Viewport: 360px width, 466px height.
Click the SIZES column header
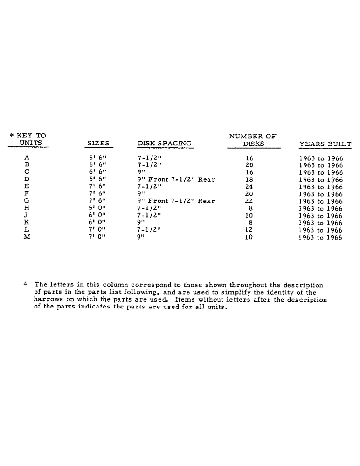[x=98, y=144]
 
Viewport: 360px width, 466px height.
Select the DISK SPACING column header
[x=164, y=144]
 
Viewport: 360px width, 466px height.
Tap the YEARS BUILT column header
[x=325, y=144]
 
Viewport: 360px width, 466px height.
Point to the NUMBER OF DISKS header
[x=253, y=140]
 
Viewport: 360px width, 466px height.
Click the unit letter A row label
[x=27, y=158]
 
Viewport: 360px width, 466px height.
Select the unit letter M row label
[x=27, y=237]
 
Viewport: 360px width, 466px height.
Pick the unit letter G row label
[x=27, y=201]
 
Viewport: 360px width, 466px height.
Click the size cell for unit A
[x=98, y=158]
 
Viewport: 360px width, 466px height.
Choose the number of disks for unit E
[x=249, y=187]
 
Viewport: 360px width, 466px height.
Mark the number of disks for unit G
[x=249, y=201]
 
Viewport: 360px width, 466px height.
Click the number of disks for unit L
[x=249, y=230]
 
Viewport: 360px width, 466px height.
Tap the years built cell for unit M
[x=320, y=237]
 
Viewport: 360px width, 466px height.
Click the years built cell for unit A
[x=320, y=158]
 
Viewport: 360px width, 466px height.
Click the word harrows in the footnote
[x=49, y=300]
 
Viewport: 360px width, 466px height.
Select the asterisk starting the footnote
[x=25, y=284]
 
